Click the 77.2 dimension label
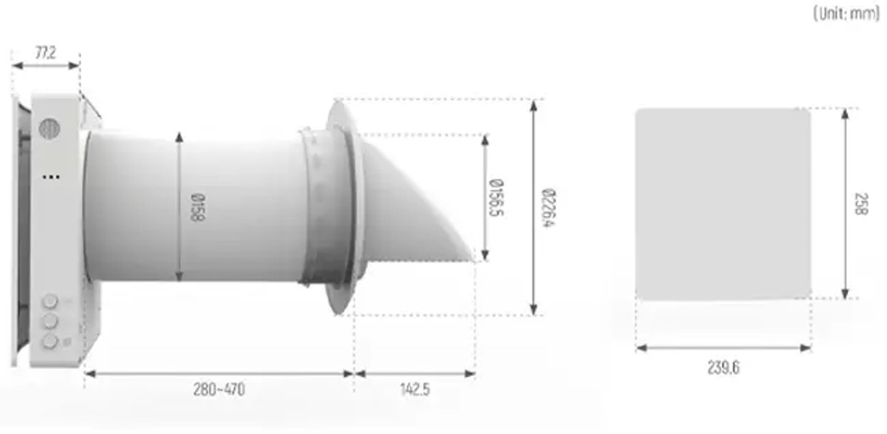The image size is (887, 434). pyautogui.click(x=46, y=52)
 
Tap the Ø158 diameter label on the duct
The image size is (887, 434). pyautogui.click(x=198, y=207)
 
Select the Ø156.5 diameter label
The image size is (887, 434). pyautogui.click(x=497, y=197)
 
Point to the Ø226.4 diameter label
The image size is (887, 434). pyautogui.click(x=548, y=208)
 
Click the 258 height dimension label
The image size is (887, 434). pyautogui.click(x=861, y=204)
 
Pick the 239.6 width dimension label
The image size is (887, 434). pyautogui.click(x=723, y=368)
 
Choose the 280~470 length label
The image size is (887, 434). pyautogui.click(x=219, y=390)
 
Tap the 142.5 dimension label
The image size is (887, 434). pyautogui.click(x=415, y=390)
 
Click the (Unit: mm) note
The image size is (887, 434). pyautogui.click(x=846, y=14)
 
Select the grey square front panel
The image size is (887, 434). pyautogui.click(x=723, y=204)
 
